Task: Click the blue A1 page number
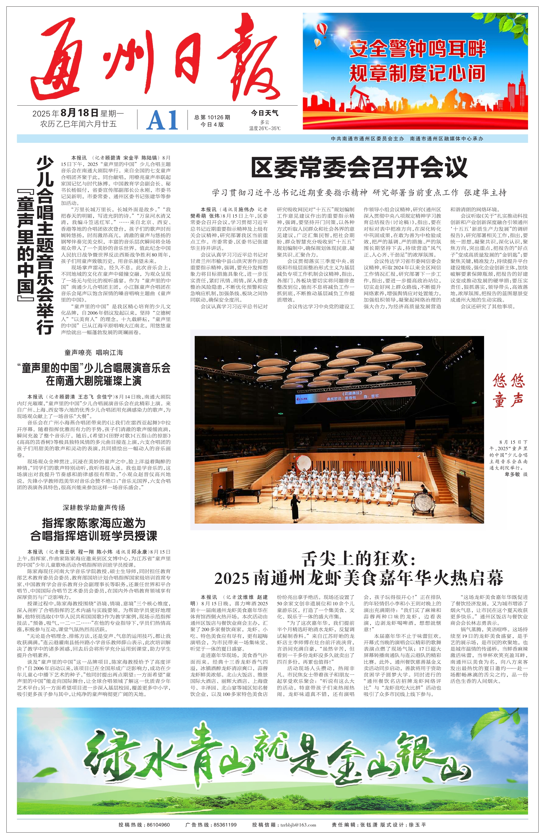pyautogui.click(x=162, y=121)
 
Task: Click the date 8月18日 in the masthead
pyautogui.click(x=79, y=113)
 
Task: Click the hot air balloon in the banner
pyautogui.click(x=322, y=29)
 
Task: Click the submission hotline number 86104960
pyautogui.click(x=158, y=825)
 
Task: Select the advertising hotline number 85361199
pyautogui.click(x=225, y=825)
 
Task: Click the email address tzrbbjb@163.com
pyautogui.click(x=298, y=825)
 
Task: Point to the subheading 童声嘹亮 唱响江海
pyautogui.click(x=93, y=352)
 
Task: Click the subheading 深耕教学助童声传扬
pyautogui.click(x=93, y=507)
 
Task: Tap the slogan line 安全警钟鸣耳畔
pyautogui.click(x=417, y=49)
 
